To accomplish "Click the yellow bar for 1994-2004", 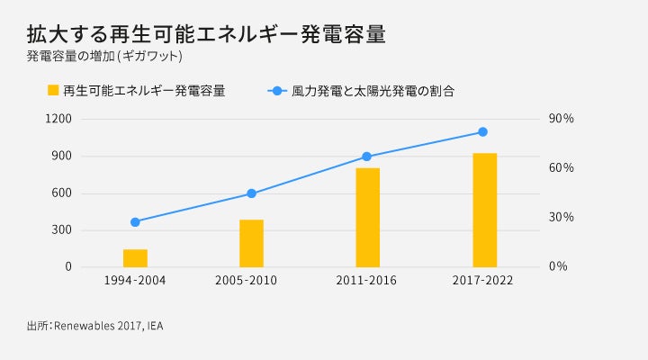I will pos(135,258).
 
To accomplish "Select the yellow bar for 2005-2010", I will pos(251,243).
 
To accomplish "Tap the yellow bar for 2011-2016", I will pos(367,218).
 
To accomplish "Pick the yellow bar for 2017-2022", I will pos(484,210).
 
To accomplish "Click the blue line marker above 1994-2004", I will pos(135,221).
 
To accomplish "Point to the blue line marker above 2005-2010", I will pos(251,193).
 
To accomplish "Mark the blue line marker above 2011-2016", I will pos(366,157).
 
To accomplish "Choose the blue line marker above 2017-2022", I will pos(482,132).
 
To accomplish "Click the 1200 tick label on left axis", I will pos(58,119).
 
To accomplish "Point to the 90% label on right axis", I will pos(562,119).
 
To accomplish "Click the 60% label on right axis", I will pos(562,168).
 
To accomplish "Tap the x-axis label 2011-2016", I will pos(367,281).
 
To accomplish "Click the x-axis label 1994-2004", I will pos(135,281).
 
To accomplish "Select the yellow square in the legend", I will pos(53,91).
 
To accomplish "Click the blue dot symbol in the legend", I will pos(277,91).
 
